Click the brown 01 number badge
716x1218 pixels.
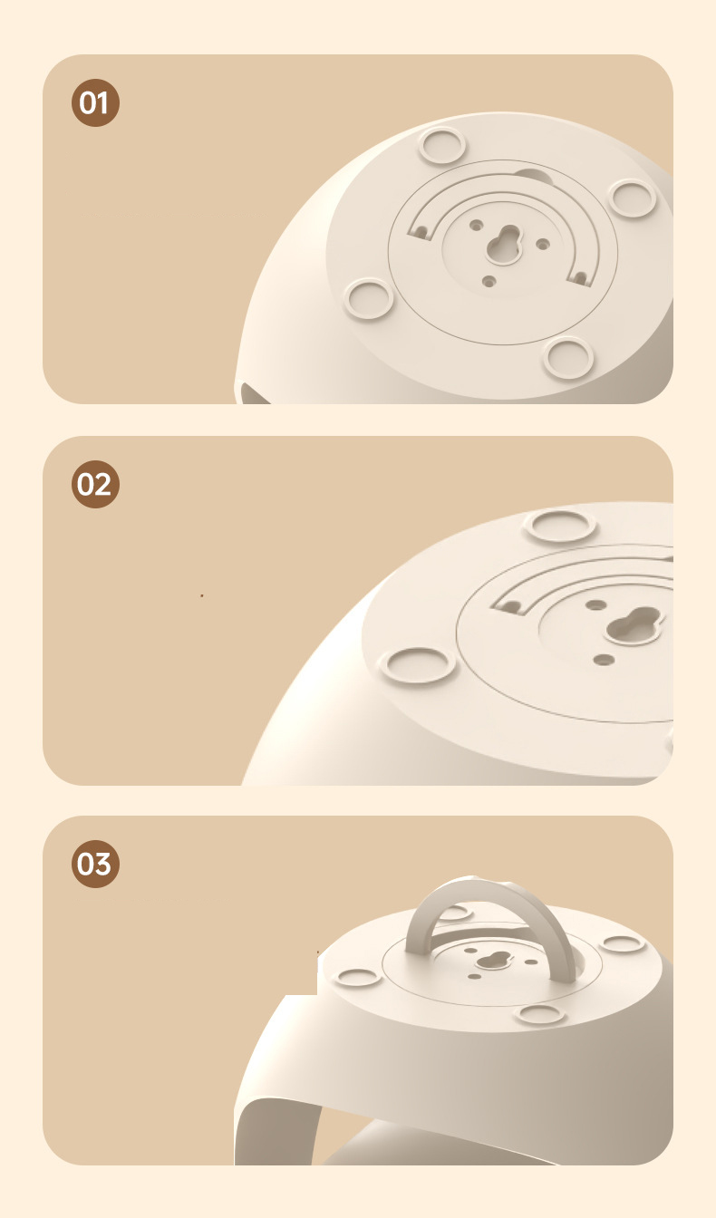pos(95,102)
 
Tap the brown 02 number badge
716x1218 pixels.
pos(95,485)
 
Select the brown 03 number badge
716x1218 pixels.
pos(95,864)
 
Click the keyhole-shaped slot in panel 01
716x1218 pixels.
pos(503,246)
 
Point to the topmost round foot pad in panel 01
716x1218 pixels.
pos(441,146)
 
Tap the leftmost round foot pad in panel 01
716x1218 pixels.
pos(369,298)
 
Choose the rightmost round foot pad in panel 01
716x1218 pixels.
pos(632,198)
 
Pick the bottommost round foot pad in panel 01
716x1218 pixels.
pos(568,357)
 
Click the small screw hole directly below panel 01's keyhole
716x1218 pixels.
pos(489,282)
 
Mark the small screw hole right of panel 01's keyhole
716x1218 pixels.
pos(543,244)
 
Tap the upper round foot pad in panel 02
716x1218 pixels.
pos(559,526)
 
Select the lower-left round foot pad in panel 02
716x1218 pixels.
pos(418,664)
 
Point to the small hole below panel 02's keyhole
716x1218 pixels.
pos(604,660)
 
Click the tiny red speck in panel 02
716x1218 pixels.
pos(202,596)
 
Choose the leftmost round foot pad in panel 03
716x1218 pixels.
pos(357,977)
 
